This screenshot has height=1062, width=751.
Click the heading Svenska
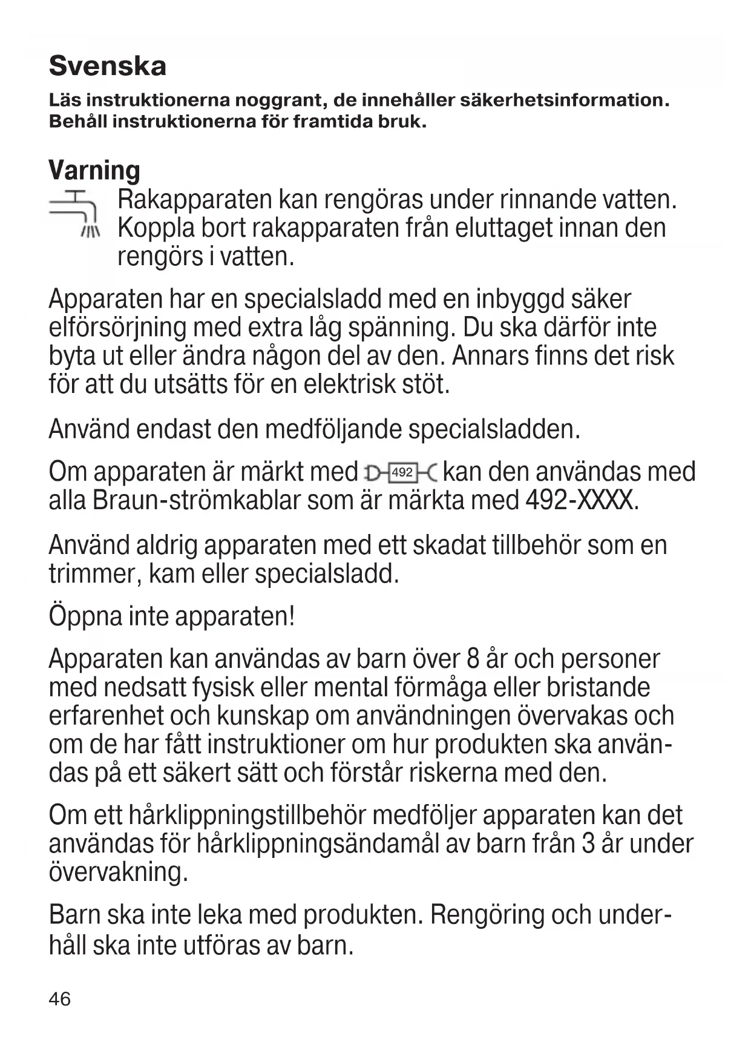(x=107, y=65)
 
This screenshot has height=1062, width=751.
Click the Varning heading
(x=94, y=170)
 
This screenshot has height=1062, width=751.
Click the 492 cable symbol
(x=401, y=472)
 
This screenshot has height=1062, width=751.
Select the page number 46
(x=59, y=998)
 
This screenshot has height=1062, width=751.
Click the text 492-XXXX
(x=582, y=501)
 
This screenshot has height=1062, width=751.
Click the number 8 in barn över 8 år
(x=473, y=659)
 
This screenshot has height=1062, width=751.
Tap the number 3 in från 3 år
(x=588, y=843)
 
